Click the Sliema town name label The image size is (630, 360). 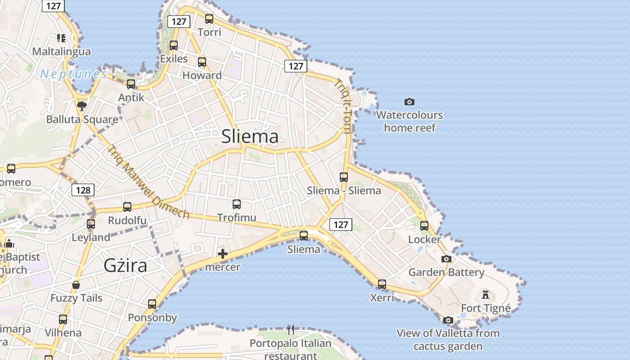[x=250, y=136]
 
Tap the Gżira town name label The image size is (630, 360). [x=125, y=265]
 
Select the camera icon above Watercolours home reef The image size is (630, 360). [x=409, y=102]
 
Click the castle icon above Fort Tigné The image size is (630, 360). [x=485, y=295]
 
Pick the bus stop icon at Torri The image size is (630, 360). [x=209, y=19]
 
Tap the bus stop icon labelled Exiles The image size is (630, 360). [x=174, y=45]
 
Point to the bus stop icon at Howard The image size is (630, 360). [x=202, y=62]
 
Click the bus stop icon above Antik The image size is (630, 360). [x=131, y=84]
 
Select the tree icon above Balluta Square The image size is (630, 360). [x=82, y=106]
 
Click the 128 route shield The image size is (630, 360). [x=83, y=190]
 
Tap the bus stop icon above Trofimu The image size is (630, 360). [x=237, y=204]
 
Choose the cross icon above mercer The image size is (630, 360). [x=223, y=254]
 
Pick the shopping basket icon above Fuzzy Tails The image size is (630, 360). [x=76, y=285]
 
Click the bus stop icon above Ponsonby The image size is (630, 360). [x=152, y=304]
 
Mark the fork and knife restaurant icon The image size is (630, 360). [x=291, y=330]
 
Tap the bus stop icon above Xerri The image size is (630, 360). [x=382, y=284]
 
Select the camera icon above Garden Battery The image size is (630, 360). [x=446, y=259]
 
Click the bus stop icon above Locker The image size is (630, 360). [x=424, y=226]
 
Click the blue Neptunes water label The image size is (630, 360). [x=74, y=74]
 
